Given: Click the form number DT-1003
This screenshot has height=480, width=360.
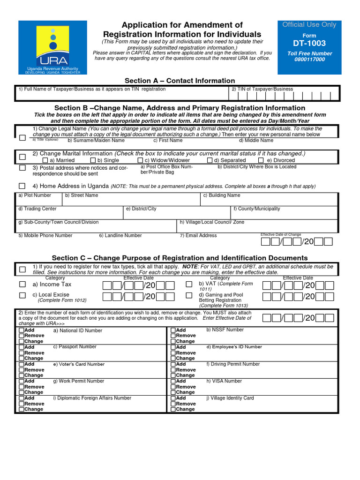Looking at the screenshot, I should [x=309, y=43].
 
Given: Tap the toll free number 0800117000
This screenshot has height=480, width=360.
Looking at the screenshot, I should [x=309, y=60].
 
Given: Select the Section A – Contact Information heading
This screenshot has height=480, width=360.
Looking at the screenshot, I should [x=180, y=81].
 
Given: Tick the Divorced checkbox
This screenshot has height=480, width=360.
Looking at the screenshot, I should [x=261, y=160].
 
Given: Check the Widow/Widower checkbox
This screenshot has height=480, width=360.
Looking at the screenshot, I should [x=140, y=160].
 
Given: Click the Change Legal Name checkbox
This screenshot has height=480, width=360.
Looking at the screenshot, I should [x=22, y=138].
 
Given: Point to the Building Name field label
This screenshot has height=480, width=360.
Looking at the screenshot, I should [x=221, y=195].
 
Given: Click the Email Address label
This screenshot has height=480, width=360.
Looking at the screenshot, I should [x=198, y=235].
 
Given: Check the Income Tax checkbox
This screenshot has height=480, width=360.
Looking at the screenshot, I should [x=22, y=285].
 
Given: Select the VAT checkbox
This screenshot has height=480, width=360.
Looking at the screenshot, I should [x=189, y=285].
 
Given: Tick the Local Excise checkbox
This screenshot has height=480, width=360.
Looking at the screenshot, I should [x=22, y=295].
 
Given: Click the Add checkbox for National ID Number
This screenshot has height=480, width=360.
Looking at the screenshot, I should [x=22, y=330].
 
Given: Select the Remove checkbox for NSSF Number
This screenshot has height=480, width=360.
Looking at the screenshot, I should [x=173, y=336].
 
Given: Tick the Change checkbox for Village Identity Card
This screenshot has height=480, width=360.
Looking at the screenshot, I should [x=173, y=409].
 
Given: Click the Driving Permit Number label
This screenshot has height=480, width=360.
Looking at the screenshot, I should [x=233, y=364].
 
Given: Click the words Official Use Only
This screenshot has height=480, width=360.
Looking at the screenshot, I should [x=309, y=25].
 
